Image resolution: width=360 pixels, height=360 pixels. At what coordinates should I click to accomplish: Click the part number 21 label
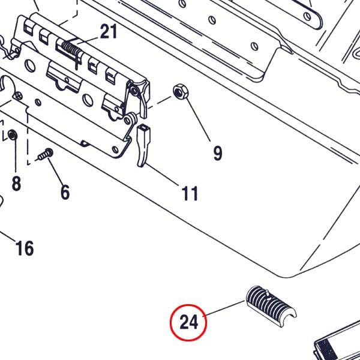[x=109, y=32]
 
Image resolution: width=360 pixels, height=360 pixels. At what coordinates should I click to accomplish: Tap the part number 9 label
[x=217, y=153]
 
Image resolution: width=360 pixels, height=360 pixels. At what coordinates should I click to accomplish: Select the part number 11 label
[x=190, y=193]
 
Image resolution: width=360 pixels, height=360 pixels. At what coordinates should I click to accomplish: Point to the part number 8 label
[x=16, y=182]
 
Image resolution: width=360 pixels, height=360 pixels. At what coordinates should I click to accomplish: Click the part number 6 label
[x=65, y=192]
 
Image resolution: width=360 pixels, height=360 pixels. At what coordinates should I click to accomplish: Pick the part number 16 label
[x=24, y=247]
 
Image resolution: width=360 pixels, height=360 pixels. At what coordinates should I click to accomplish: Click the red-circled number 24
[x=188, y=323]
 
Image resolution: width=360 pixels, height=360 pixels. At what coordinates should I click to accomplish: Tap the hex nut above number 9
[x=179, y=92]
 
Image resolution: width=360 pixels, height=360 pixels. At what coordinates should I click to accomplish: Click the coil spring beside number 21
[x=69, y=49]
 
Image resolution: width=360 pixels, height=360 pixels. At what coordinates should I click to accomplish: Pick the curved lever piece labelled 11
[x=144, y=144]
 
